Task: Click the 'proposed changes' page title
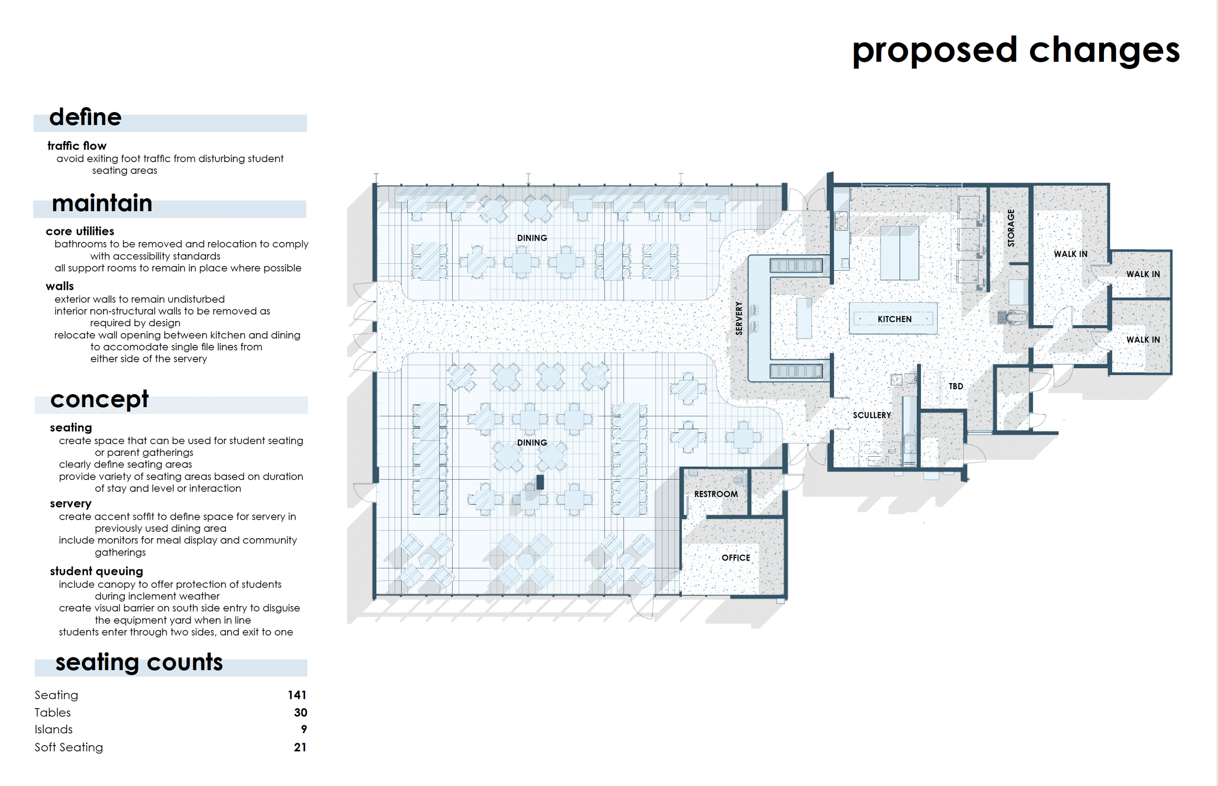pos(1016,51)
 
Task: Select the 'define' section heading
pos(85,117)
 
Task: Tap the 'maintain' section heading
pos(102,203)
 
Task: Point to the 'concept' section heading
pos(99,399)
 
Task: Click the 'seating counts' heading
pos(139,662)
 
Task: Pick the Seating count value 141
pos(297,695)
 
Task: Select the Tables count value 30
pos(300,712)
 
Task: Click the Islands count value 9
pos(304,730)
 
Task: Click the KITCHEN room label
pos(894,319)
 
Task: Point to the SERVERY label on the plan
pos(739,318)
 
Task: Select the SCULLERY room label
pos(872,415)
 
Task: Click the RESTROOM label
pos(716,494)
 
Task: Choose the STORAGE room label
pos(1011,228)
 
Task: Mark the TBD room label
pos(955,386)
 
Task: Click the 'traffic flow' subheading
pos(77,146)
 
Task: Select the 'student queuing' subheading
pos(96,572)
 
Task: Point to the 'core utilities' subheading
pos(80,231)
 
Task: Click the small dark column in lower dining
pos(540,482)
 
